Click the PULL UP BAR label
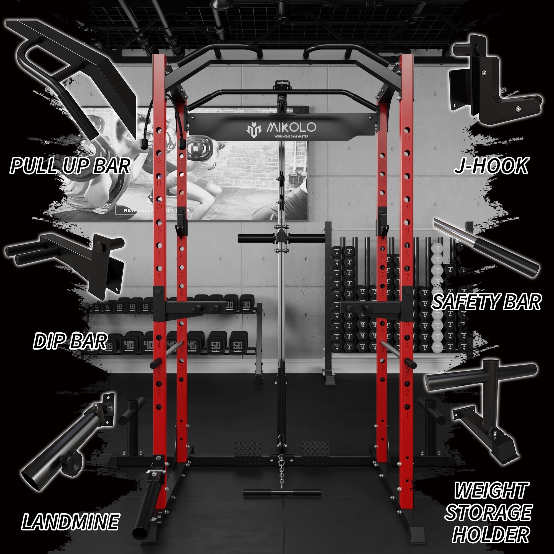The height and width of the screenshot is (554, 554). pos(70,165)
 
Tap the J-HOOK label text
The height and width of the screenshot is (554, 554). pos(491,165)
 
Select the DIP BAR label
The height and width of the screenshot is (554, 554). pos(70,341)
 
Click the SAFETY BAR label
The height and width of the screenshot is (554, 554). pos(486,302)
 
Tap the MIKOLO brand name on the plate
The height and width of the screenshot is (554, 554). pos(291,127)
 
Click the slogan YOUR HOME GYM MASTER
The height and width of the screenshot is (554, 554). pos(291,137)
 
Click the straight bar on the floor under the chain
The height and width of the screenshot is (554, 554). pos(282,493)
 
